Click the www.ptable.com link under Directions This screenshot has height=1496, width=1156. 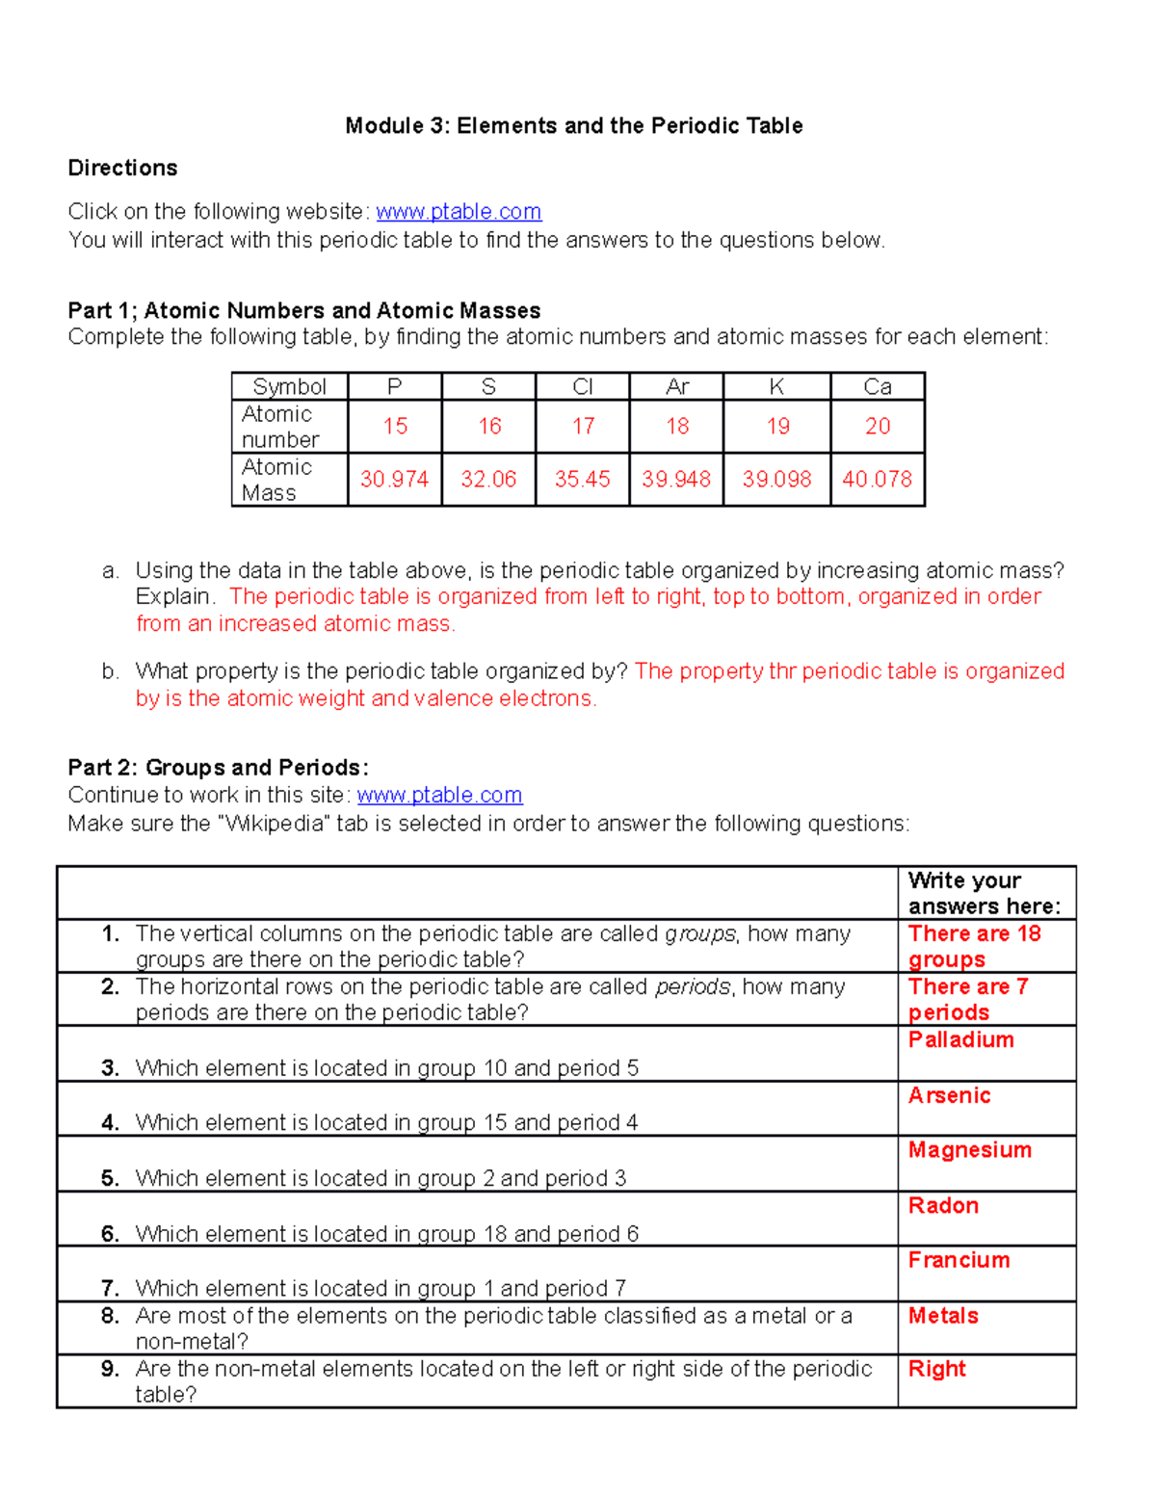pyautogui.click(x=459, y=212)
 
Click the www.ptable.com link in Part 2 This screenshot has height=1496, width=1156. pyautogui.click(x=439, y=796)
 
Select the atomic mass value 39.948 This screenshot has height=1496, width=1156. pyautogui.click(x=676, y=480)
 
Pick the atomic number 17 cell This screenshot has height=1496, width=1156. pyautogui.click(x=583, y=427)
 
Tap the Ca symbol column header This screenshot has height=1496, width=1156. pyautogui.click(x=877, y=387)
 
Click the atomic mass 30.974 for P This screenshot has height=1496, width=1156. pyautogui.click(x=394, y=480)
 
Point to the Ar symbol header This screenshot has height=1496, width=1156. pyautogui.click(x=677, y=387)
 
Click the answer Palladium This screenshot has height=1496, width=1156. pyautogui.click(x=960, y=1040)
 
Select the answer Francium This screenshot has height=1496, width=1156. pyautogui.click(x=959, y=1261)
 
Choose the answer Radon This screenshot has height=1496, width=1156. pyautogui.click(x=943, y=1206)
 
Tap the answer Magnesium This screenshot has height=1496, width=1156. pyautogui.click(x=969, y=1150)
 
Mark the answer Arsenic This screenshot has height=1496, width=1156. pyautogui.click(x=949, y=1096)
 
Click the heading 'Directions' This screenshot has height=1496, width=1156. pyautogui.click(x=122, y=169)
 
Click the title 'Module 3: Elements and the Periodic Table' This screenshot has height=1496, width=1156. pyautogui.click(x=574, y=126)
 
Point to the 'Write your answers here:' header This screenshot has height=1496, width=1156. pyautogui.click(x=984, y=893)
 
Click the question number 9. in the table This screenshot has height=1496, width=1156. pyautogui.click(x=110, y=1369)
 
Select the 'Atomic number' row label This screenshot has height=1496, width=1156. pyautogui.click(x=279, y=427)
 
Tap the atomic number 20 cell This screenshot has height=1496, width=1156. pyautogui.click(x=877, y=427)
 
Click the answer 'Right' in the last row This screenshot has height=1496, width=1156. pyautogui.click(x=936, y=1370)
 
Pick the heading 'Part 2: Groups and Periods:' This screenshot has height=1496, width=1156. pyautogui.click(x=218, y=768)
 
